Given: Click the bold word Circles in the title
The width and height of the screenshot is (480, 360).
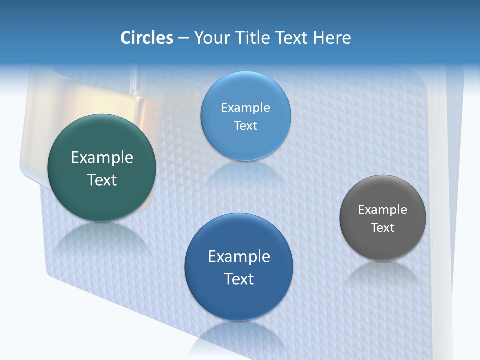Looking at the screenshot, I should click(146, 38).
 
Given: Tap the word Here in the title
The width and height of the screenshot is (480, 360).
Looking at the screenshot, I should click(332, 38).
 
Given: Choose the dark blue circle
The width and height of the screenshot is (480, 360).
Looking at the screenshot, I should click(239, 300).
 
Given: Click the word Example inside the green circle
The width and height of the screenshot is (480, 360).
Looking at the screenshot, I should click(102, 158).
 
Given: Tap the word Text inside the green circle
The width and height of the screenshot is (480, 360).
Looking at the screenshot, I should click(102, 180).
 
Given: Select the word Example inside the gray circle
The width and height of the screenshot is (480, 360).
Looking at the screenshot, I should click(383, 210).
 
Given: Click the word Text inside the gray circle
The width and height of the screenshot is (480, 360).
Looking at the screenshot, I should click(383, 228).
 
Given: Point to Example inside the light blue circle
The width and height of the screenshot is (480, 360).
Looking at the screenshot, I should click(245, 108).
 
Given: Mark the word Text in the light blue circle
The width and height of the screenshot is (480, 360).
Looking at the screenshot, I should click(245, 126).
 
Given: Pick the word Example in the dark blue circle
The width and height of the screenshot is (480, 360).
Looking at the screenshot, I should click(239, 257).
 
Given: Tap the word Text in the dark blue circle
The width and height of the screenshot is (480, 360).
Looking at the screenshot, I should click(239, 279).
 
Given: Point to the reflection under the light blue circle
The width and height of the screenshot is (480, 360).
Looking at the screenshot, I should click(245, 172).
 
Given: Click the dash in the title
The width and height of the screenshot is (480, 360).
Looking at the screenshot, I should click(183, 38).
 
